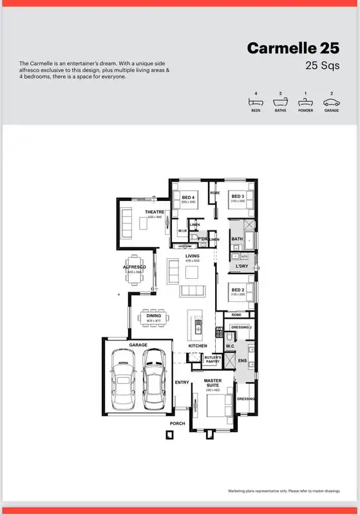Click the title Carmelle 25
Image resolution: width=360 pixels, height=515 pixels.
tap(294, 48)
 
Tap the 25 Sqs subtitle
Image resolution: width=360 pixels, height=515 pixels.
tap(322, 65)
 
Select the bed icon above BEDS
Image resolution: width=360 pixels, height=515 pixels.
tap(256, 102)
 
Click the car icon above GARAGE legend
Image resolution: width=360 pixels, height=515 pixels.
tap(331, 102)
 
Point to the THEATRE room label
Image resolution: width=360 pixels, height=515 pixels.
tap(155, 212)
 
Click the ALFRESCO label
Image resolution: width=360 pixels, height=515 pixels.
tap(135, 267)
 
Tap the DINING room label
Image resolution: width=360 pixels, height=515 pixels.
tap(154, 316)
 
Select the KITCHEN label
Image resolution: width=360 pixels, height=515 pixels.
tap(198, 346)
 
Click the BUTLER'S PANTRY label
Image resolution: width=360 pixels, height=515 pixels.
tap(213, 359)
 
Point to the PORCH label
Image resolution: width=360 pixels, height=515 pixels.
tap(177, 423)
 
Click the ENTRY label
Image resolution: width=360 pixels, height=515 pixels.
tap(182, 382)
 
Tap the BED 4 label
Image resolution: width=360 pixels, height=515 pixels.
tap(188, 196)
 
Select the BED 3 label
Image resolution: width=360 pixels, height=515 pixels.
tap(238, 196)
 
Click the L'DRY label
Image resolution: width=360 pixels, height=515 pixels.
tap(242, 266)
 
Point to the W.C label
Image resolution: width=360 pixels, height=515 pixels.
tap(230, 346)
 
